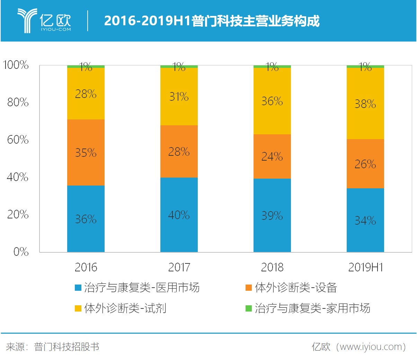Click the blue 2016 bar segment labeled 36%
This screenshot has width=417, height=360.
click(x=86, y=219)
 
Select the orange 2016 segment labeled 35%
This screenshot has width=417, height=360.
click(x=86, y=152)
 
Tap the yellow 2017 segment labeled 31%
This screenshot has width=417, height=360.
click(x=179, y=96)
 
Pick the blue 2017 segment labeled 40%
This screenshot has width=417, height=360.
click(x=179, y=215)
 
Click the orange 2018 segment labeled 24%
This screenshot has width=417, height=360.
click(x=272, y=156)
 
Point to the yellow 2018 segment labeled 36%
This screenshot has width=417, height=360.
click(x=272, y=101)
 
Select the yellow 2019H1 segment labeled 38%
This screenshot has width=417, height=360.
click(x=365, y=103)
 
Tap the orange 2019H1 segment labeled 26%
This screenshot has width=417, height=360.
click(x=365, y=164)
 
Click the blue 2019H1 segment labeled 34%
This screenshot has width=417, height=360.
click(x=365, y=220)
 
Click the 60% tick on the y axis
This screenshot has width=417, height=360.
click(x=18, y=139)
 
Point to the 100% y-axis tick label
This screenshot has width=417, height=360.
click(x=16, y=65)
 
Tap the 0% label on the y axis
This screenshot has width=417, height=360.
click(x=21, y=252)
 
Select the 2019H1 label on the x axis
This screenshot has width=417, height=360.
click(x=365, y=267)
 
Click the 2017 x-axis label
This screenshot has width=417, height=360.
click(x=179, y=267)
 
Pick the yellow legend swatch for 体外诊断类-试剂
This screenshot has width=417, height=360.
click(x=78, y=308)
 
